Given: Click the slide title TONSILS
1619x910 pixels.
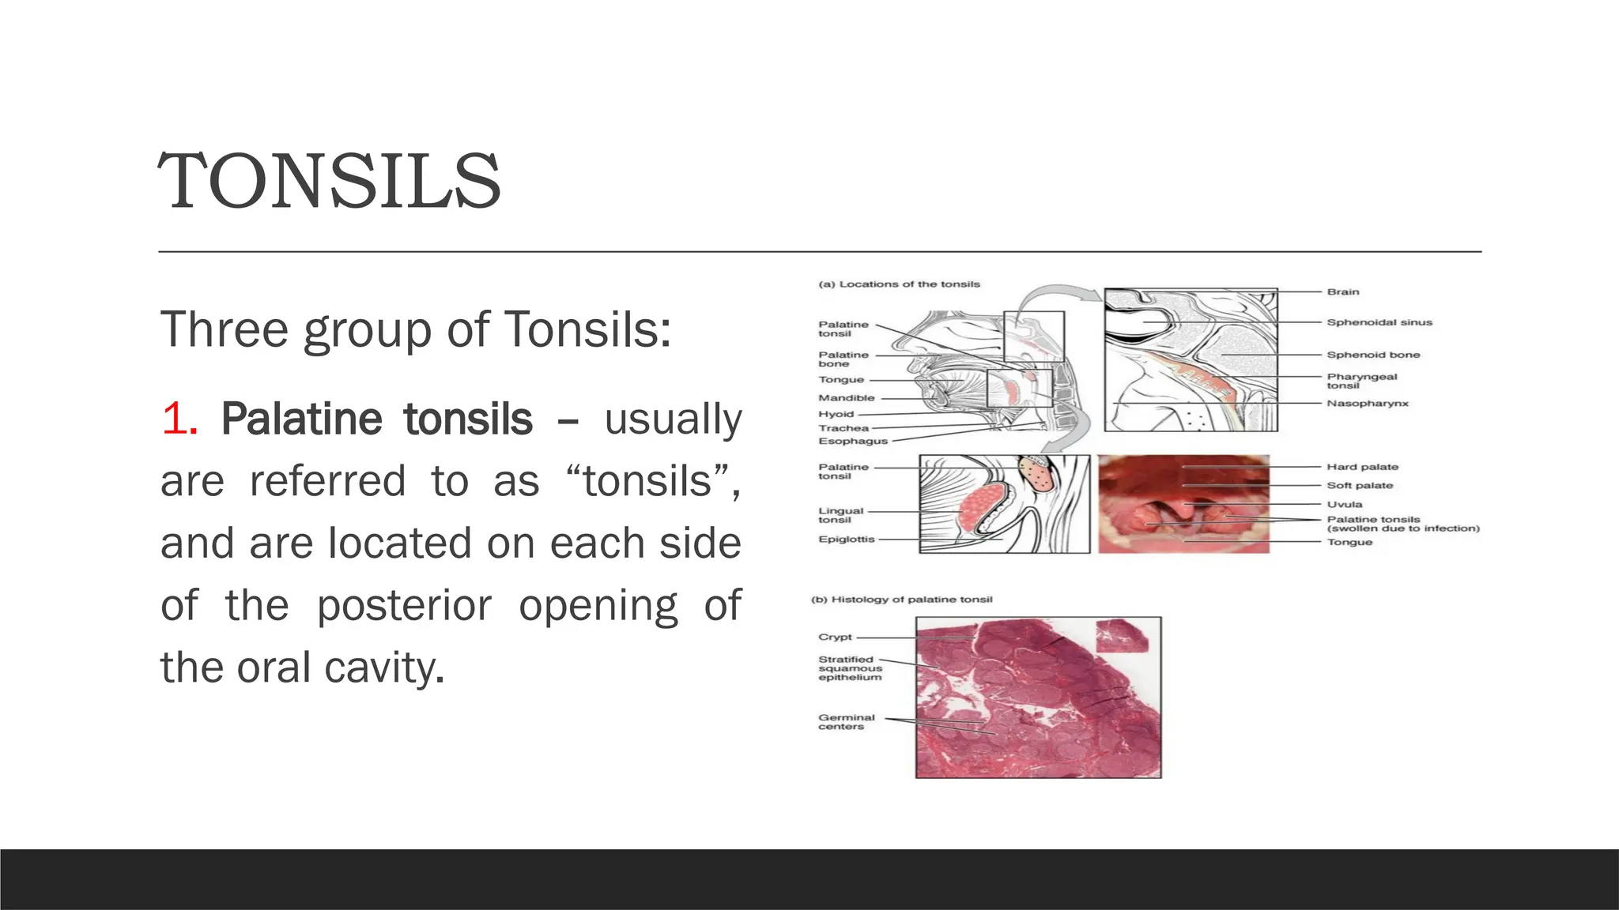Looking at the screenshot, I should click(330, 182).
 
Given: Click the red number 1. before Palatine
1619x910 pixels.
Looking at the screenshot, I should click(179, 419).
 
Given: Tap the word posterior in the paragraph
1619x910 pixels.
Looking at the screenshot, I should click(404, 606).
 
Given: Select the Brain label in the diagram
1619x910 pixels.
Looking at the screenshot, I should click(1342, 291).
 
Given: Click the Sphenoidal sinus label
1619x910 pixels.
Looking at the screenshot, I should click(1379, 322).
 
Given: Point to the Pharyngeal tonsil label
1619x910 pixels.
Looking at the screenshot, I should click(1361, 381).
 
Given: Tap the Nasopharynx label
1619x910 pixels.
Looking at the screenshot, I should click(1367, 404).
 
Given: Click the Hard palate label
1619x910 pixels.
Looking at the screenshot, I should click(1362, 467).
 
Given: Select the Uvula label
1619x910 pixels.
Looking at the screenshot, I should click(1344, 504).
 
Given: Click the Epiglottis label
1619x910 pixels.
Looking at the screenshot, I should click(846, 539).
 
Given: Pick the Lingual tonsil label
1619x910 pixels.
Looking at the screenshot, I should click(840, 515).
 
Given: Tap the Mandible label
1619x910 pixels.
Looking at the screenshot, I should click(846, 398).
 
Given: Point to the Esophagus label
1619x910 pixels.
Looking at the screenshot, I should click(852, 441).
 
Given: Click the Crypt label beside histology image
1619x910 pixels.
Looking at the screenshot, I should click(835, 637).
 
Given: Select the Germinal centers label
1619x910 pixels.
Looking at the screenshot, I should click(846, 722).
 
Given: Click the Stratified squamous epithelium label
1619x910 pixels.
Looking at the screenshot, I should click(849, 668).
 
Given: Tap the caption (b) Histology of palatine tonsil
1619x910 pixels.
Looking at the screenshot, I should click(901, 600).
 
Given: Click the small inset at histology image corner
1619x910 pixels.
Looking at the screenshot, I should click(1121, 636).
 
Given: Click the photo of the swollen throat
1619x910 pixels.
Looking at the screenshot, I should click(1183, 504).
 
